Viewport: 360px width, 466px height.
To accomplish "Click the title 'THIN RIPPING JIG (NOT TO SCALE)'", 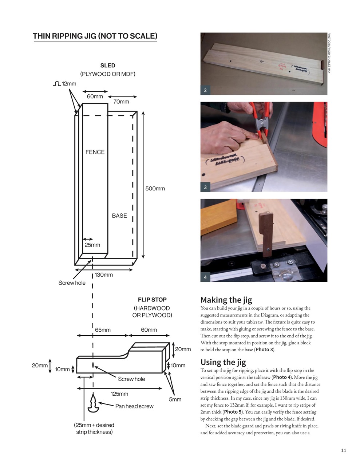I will [95, 36].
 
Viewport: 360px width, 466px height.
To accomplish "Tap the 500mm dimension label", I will [155, 189].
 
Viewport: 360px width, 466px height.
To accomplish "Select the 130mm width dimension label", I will [104, 275].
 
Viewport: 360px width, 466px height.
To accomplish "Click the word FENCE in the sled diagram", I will [95, 152].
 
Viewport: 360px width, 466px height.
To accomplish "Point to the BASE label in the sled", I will [119, 216].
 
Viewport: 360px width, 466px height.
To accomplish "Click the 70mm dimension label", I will [121, 102].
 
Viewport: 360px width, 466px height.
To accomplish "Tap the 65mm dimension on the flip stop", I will [103, 330].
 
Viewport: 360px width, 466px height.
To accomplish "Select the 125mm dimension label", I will [119, 394].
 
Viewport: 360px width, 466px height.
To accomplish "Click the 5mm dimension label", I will [175, 399].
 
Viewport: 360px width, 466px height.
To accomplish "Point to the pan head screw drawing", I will [94, 403].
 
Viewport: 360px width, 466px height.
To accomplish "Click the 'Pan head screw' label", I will [134, 406].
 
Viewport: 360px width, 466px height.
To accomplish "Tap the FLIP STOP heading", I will [152, 300].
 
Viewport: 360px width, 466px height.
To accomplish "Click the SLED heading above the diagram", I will [108, 66].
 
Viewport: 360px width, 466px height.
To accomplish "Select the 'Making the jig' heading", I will [226, 300].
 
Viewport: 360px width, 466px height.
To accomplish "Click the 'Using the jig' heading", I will [223, 362].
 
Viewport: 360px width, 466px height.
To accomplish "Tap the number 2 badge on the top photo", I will [205, 90].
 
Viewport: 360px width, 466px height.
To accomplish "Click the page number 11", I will [344, 451].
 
